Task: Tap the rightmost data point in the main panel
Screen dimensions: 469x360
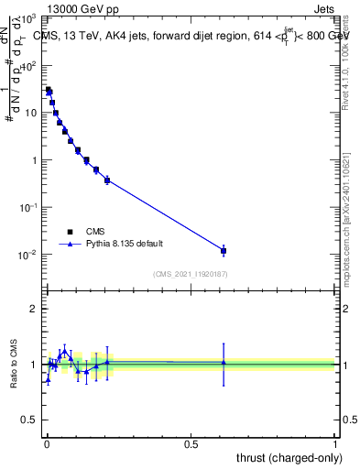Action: pos(224,250)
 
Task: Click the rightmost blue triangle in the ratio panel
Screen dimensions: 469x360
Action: pos(224,363)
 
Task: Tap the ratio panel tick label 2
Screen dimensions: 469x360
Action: pos(35,309)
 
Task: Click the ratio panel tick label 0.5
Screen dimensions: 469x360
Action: pos(31,420)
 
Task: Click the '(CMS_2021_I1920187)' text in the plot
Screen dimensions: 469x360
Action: pos(191,274)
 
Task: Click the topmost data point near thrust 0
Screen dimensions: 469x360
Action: pos(48,90)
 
